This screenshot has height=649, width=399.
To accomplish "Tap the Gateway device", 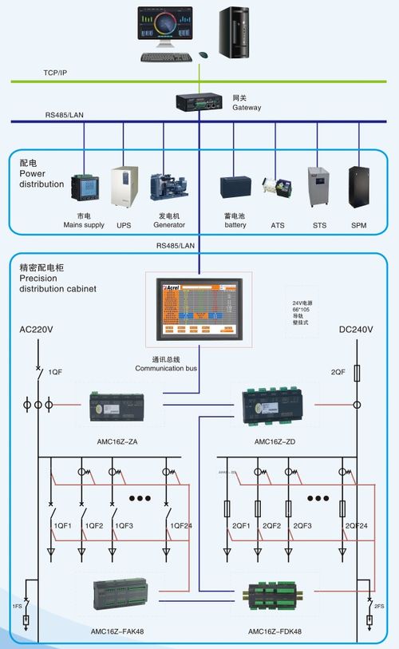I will pyautogui.click(x=199, y=102).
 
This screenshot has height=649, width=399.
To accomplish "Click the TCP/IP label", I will pyautogui.click(x=55, y=73).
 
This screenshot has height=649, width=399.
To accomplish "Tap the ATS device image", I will pyautogui.click(x=278, y=191).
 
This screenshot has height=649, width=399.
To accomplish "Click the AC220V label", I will pyautogui.click(x=37, y=330).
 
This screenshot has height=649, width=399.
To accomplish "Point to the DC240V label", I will pyautogui.click(x=356, y=330).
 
